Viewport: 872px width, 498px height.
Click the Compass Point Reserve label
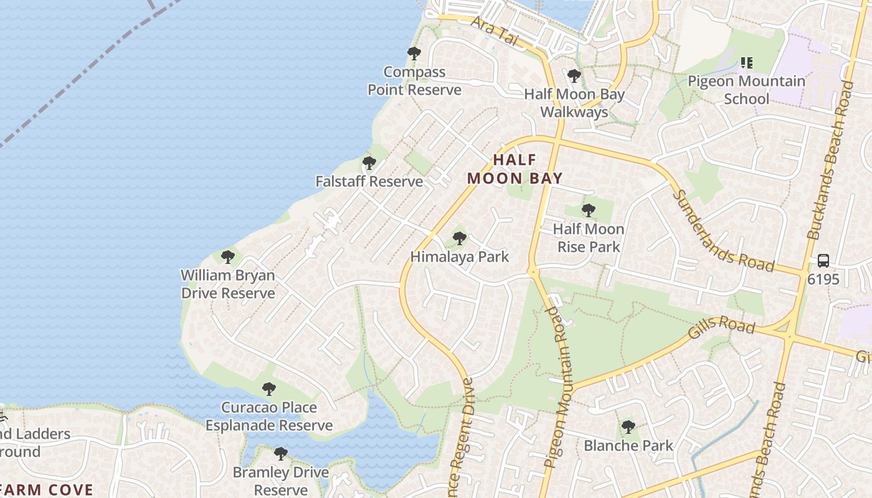pyautogui.click(x=414, y=81)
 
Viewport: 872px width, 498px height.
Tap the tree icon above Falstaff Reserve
pyautogui.click(x=369, y=164)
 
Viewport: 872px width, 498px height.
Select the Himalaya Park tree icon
pyautogui.click(x=459, y=238)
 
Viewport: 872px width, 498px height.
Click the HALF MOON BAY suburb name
pyautogui.click(x=514, y=169)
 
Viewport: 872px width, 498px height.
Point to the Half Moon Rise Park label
pyautogui.click(x=588, y=238)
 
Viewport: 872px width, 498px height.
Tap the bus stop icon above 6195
pyautogui.click(x=823, y=261)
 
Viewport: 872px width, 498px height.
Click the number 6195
pyautogui.click(x=823, y=280)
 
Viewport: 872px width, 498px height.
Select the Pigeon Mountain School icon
pyautogui.click(x=746, y=63)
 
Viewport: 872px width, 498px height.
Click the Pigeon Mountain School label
pyautogui.click(x=746, y=90)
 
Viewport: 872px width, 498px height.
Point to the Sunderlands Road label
pyautogui.click(x=723, y=232)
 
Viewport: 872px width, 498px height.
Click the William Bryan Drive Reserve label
pyautogui.click(x=228, y=284)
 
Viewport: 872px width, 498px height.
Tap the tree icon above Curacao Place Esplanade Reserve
pyautogui.click(x=268, y=390)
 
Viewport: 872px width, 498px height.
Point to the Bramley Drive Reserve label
pyautogui.click(x=280, y=481)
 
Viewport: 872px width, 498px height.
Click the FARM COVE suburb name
pyautogui.click(x=47, y=490)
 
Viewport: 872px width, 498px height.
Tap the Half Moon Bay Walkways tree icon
pyautogui.click(x=574, y=77)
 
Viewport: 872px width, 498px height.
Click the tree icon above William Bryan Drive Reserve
pyautogui.click(x=228, y=256)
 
